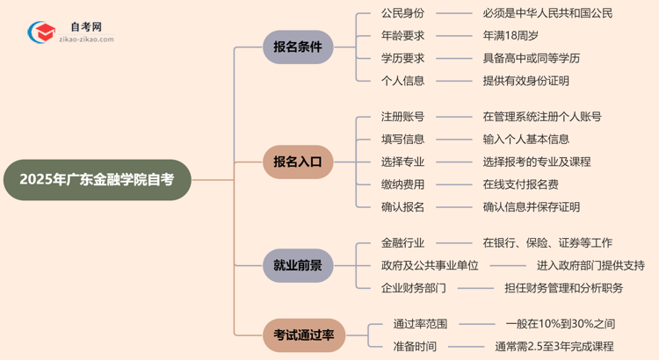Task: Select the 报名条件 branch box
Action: click(x=298, y=47)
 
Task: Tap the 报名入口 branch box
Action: click(x=298, y=162)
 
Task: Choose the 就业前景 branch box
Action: click(x=298, y=265)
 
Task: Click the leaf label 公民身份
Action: click(x=402, y=13)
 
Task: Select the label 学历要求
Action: click(x=402, y=59)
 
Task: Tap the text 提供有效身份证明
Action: click(x=525, y=81)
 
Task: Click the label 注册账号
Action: click(x=402, y=116)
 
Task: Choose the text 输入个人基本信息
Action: click(x=525, y=139)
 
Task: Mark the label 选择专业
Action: click(x=402, y=162)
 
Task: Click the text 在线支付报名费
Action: click(x=520, y=184)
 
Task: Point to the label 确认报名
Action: click(x=402, y=207)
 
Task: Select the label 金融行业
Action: click(x=402, y=242)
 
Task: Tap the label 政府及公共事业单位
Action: click(x=430, y=265)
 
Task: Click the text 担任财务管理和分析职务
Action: click(x=563, y=288)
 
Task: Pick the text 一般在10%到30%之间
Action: click(x=561, y=323)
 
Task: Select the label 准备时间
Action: click(x=415, y=346)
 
